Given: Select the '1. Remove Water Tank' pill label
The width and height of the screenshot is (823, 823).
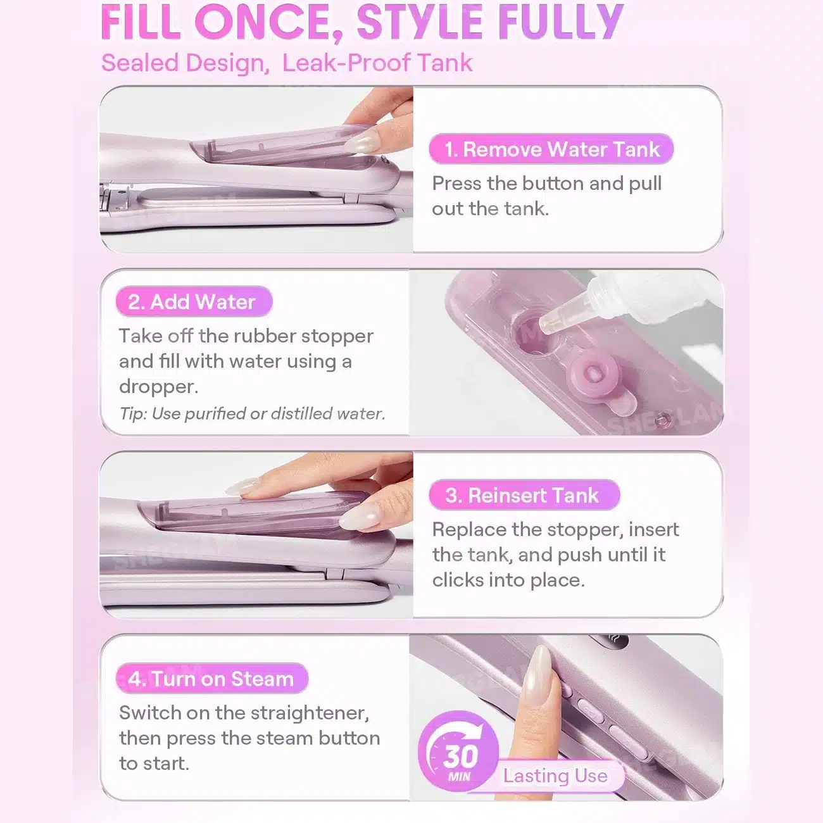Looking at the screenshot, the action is [x=551, y=149].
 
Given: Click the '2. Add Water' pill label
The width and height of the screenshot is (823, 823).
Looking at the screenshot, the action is [x=194, y=301].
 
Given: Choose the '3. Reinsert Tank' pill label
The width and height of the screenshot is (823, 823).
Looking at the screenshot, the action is [x=524, y=495].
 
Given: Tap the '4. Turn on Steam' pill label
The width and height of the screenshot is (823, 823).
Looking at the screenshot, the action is [x=212, y=679].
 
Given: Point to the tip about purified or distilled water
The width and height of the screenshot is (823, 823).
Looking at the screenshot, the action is [x=252, y=414].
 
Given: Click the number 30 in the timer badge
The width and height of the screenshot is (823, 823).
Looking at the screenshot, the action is [x=461, y=757].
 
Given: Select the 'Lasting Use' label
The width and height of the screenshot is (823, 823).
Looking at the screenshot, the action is [x=555, y=776].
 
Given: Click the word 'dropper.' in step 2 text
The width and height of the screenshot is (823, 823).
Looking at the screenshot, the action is [x=158, y=387].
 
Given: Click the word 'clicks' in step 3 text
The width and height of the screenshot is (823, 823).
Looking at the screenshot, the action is [x=457, y=580].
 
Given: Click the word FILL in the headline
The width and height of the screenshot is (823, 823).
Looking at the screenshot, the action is [x=141, y=22].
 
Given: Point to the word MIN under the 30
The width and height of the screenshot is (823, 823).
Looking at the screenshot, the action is [x=460, y=776].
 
